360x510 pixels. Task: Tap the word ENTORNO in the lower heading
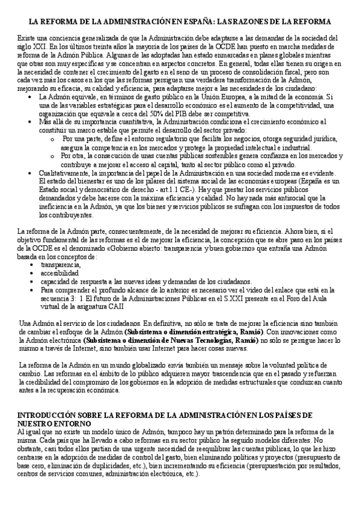coord(66,423)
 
